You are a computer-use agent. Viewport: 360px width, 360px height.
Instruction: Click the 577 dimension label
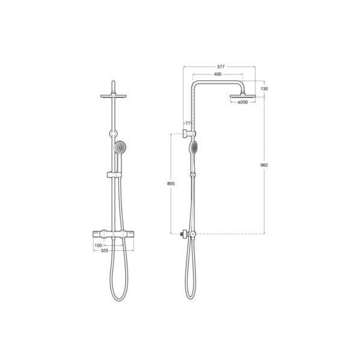[221, 67]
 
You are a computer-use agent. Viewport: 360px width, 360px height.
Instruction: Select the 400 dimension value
[217, 74]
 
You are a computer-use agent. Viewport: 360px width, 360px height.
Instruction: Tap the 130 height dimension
[264, 89]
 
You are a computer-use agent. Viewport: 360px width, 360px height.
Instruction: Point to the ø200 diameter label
[242, 102]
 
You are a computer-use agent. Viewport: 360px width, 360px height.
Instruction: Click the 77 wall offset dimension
[188, 123]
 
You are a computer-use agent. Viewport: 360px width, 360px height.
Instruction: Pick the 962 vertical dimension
[264, 165]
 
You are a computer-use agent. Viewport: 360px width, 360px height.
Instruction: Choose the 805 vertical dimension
[171, 184]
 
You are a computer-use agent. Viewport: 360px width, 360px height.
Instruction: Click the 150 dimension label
[98, 245]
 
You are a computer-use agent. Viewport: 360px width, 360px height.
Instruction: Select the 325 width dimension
[104, 250]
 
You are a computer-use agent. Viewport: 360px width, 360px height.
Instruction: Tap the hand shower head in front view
[121, 148]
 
